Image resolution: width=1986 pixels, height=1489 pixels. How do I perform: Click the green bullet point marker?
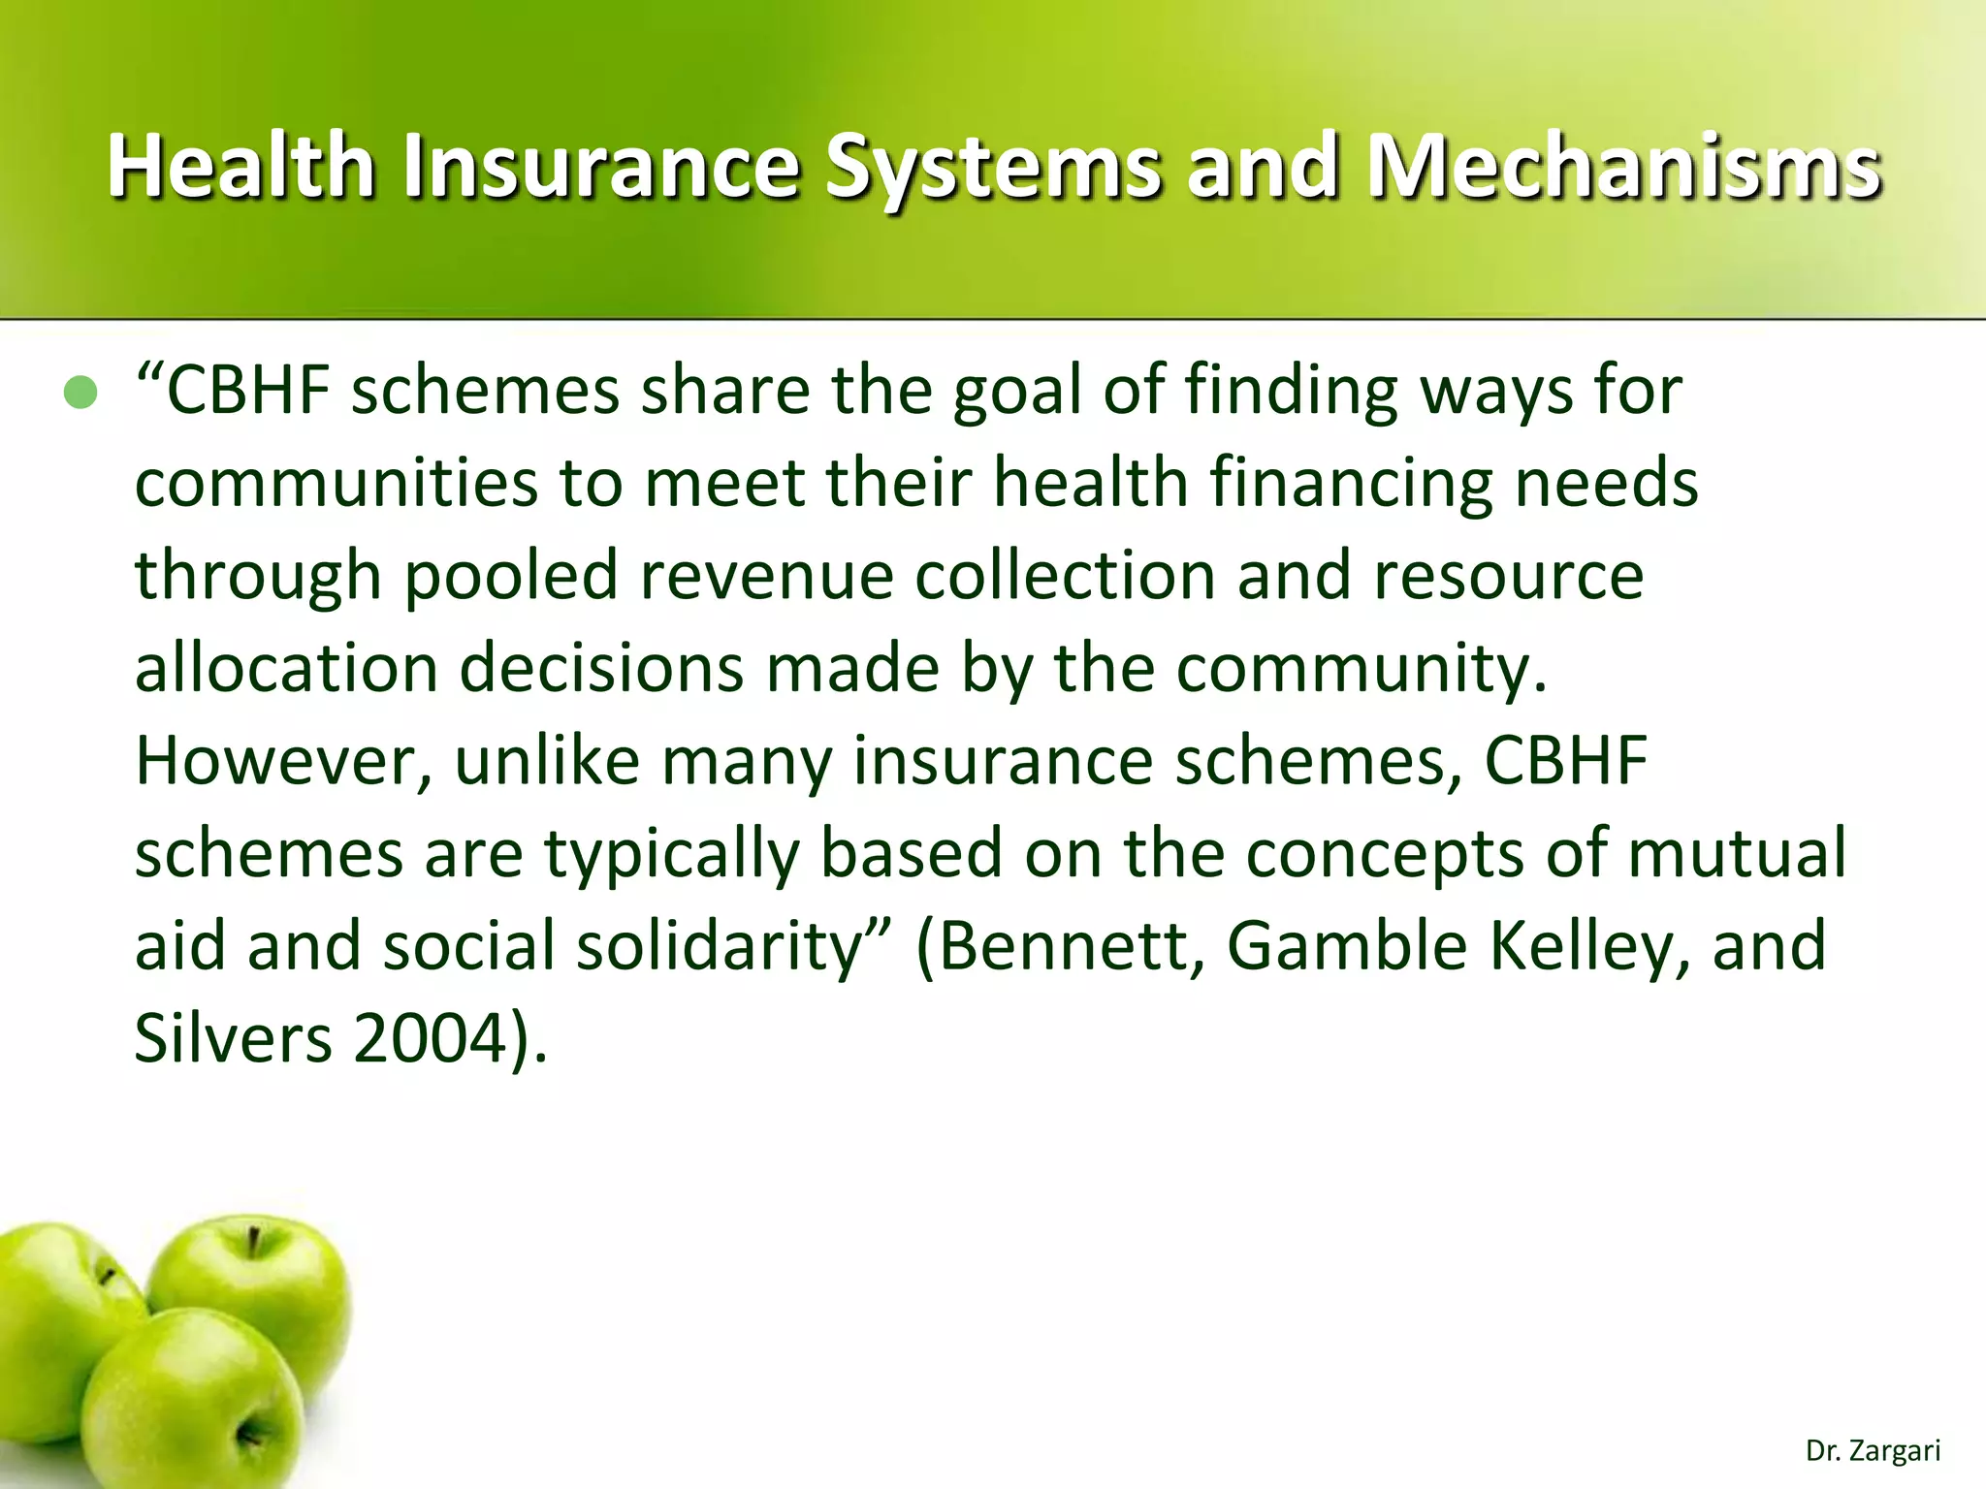click(80, 393)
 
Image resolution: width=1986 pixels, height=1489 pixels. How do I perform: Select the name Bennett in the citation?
click(1063, 946)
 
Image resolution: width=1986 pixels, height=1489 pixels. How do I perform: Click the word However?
click(282, 761)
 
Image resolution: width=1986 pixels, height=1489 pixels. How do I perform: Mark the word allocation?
click(286, 668)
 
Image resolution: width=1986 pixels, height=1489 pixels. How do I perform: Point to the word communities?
click(336, 483)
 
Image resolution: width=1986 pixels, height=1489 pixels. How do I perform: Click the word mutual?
click(1736, 853)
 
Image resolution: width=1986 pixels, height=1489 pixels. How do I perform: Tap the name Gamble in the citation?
click(1347, 946)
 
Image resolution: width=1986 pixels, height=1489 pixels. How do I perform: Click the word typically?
click(671, 853)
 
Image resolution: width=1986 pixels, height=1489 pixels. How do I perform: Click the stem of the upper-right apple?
click(253, 1242)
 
